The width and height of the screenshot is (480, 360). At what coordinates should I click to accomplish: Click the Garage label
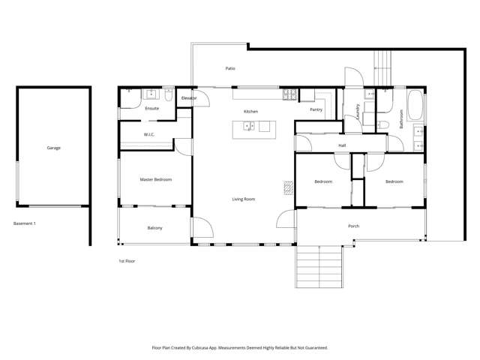(53, 148)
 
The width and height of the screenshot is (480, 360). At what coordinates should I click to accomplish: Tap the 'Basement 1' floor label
(25, 223)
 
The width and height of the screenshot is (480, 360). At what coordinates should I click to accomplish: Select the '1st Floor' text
(126, 261)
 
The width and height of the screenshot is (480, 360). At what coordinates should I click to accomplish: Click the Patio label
(231, 68)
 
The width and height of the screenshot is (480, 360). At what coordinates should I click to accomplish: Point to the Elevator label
(188, 98)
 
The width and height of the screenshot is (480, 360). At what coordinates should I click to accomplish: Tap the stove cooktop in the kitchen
(289, 94)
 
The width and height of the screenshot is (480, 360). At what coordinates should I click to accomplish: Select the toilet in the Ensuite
(169, 96)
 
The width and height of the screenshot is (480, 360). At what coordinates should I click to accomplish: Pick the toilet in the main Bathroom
(382, 124)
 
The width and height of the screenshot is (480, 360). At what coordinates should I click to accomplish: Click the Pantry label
(316, 109)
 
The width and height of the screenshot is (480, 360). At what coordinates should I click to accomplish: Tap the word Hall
(342, 145)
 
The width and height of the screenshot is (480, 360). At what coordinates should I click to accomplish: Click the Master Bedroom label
(156, 180)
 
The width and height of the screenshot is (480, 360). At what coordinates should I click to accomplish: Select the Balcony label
(154, 227)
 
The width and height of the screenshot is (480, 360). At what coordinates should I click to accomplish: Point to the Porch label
(353, 226)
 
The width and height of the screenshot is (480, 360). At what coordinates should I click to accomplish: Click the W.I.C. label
(148, 134)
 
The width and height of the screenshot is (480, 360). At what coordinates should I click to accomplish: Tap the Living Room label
(243, 199)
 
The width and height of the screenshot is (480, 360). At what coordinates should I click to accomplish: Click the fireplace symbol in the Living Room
(286, 187)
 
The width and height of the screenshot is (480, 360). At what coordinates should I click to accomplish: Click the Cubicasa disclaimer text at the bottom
(239, 347)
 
